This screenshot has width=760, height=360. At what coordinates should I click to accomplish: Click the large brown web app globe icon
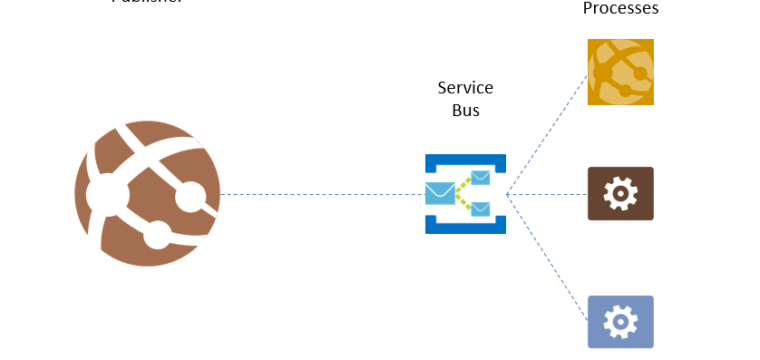tap(147, 193)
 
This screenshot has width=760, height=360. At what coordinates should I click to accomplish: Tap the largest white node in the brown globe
tap(104, 192)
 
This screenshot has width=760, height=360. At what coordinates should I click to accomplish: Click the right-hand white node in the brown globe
tap(158, 237)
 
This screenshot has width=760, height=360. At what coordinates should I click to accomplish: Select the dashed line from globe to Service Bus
tap(320, 194)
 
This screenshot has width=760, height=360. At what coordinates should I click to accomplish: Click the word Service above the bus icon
tap(465, 88)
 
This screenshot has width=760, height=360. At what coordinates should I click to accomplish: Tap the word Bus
tap(465, 110)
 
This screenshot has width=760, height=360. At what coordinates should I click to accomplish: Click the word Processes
tap(620, 8)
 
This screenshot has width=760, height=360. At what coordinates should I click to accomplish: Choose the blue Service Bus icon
tap(465, 194)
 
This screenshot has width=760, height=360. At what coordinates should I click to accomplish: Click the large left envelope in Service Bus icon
tap(440, 193)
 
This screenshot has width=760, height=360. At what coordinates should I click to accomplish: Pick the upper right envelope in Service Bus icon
tap(481, 178)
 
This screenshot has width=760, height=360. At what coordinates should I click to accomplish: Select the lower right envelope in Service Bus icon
tap(481, 209)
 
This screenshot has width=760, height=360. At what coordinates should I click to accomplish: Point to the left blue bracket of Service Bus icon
tap(430, 194)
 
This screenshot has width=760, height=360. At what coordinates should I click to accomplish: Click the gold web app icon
tap(620, 72)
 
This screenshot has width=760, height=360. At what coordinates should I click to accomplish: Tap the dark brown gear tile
tap(620, 193)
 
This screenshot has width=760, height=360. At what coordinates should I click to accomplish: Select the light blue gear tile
tap(620, 321)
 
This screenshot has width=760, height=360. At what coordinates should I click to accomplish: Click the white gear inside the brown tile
tap(620, 193)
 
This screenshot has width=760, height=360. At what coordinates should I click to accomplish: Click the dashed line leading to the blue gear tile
tap(548, 257)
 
